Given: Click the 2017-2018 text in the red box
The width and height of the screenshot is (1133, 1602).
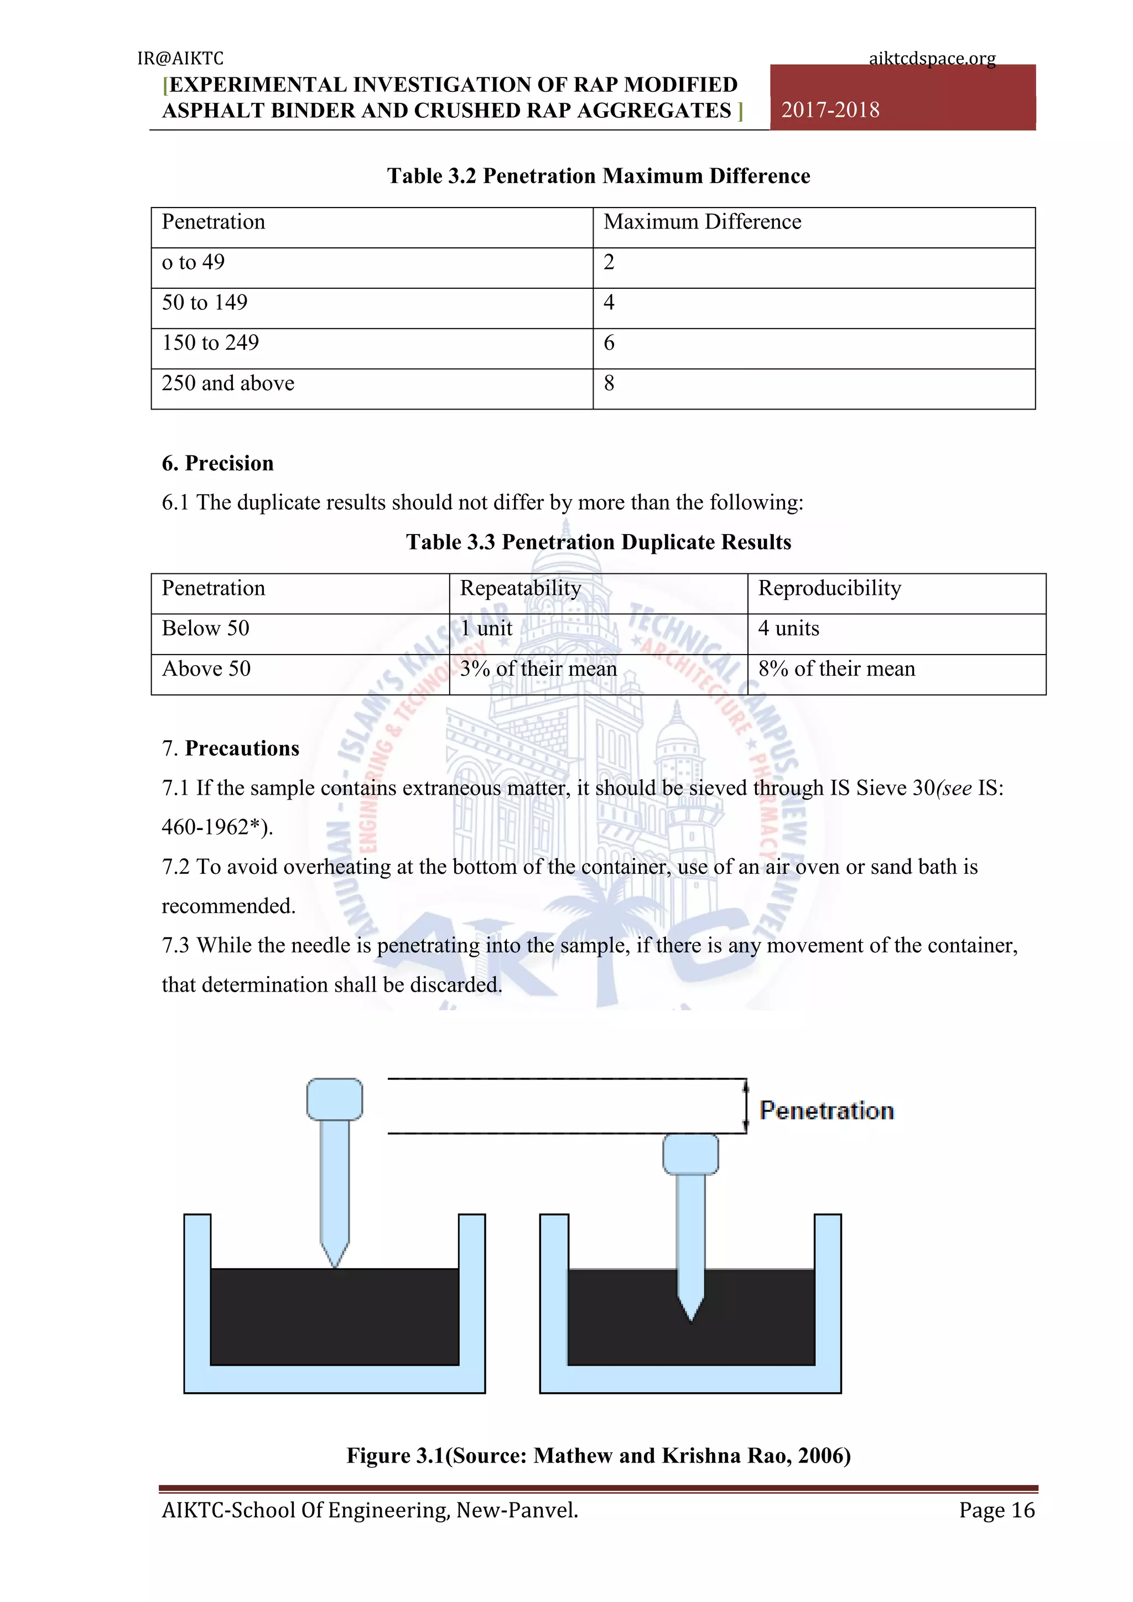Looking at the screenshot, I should pyautogui.click(x=830, y=110).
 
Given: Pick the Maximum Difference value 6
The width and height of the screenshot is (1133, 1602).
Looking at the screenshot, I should pyautogui.click(x=609, y=343).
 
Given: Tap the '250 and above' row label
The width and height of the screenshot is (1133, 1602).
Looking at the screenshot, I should pyautogui.click(x=228, y=383).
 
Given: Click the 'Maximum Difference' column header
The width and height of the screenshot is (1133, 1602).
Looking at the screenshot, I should pyautogui.click(x=702, y=222).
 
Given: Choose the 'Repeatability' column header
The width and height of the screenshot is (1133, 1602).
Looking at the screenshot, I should pyautogui.click(x=520, y=588).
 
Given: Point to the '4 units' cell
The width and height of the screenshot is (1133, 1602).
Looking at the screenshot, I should pyautogui.click(x=788, y=629).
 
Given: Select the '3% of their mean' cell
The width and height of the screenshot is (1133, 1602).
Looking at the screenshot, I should pyautogui.click(x=538, y=668).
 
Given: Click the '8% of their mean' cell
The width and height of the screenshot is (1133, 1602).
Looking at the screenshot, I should pyautogui.click(x=836, y=668).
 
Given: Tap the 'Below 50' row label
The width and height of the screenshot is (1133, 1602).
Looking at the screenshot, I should pyautogui.click(x=205, y=629).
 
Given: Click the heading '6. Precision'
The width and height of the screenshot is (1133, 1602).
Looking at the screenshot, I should pyautogui.click(x=217, y=463).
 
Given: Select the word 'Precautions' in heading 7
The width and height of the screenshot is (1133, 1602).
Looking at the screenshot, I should pyautogui.click(x=242, y=748).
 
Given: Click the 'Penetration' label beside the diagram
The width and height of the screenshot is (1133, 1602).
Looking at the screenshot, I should pyautogui.click(x=827, y=1110).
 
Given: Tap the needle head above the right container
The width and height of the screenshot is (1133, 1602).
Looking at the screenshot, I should pyautogui.click(x=690, y=1153).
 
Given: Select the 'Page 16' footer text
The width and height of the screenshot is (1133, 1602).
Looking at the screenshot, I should pyautogui.click(x=996, y=1510).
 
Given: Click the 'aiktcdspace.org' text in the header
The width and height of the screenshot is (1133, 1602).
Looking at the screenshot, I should pyautogui.click(x=932, y=58).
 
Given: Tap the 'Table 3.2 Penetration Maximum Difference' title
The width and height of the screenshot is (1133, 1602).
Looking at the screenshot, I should pyautogui.click(x=599, y=176).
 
